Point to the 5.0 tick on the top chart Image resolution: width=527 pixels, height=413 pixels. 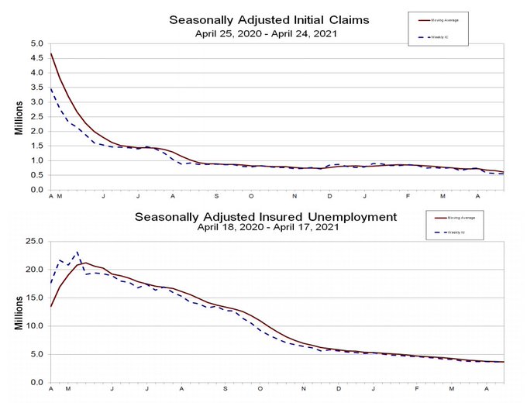(36, 43)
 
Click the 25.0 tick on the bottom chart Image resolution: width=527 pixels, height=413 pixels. (34, 241)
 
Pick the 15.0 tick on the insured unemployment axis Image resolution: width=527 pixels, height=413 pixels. (34, 298)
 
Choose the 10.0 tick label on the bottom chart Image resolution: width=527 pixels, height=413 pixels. (34, 326)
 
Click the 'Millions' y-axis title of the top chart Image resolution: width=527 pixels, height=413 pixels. (19, 116)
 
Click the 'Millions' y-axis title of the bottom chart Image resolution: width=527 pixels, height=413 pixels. (19, 312)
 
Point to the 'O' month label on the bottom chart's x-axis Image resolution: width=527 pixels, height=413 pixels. (260, 388)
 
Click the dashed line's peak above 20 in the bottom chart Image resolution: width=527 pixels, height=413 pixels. (77, 252)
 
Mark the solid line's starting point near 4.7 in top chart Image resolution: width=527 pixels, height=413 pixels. (51, 53)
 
